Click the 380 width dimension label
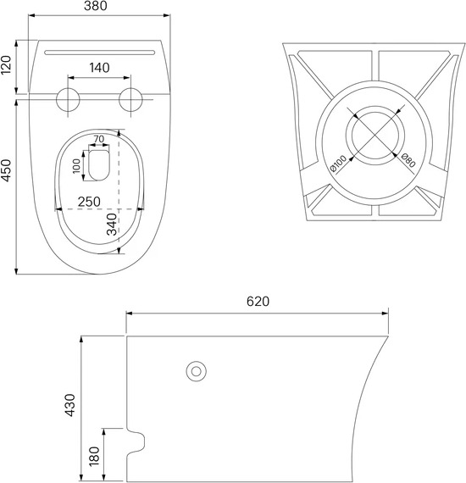(x=96, y=6)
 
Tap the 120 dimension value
(x=6, y=64)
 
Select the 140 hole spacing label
(x=99, y=68)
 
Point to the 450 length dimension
(x=6, y=170)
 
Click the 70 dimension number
(x=99, y=139)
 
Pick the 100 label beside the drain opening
(x=76, y=166)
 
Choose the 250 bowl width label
(x=89, y=202)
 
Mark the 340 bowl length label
(x=112, y=225)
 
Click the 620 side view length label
(x=258, y=302)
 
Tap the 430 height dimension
(x=70, y=405)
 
